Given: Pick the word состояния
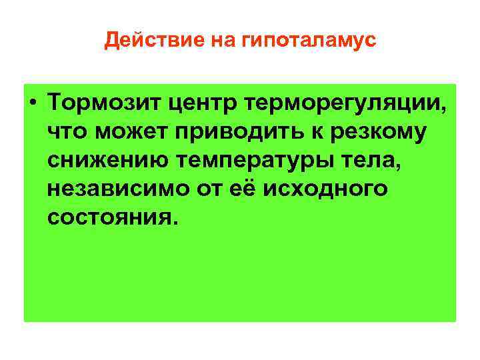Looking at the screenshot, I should click(x=111, y=217).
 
